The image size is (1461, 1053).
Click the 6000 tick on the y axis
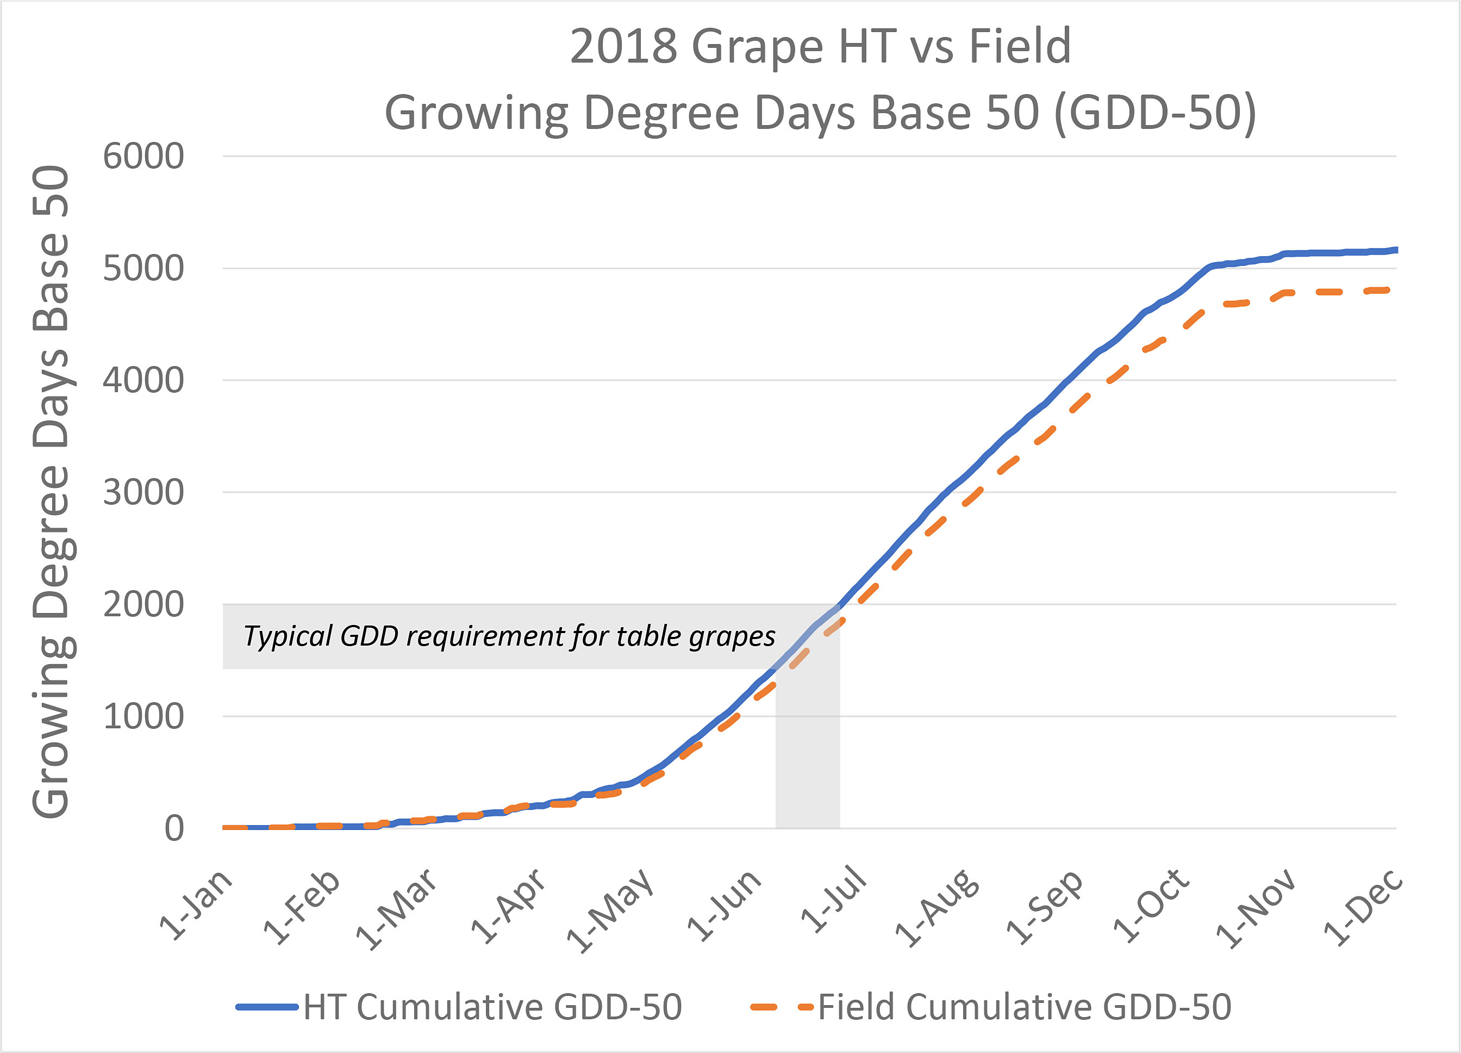tap(143, 157)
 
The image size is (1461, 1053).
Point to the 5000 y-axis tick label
tap(143, 269)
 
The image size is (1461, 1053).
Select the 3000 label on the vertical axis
tap(143, 493)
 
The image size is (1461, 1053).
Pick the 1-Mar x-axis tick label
tap(397, 909)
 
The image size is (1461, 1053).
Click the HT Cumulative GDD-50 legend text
tap(493, 1007)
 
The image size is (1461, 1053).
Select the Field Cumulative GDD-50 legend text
tap(1024, 1007)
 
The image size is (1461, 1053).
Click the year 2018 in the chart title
tap(623, 46)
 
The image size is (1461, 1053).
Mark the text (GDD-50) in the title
tap(1155, 113)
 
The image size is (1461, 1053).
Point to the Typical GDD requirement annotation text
tap(509, 636)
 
